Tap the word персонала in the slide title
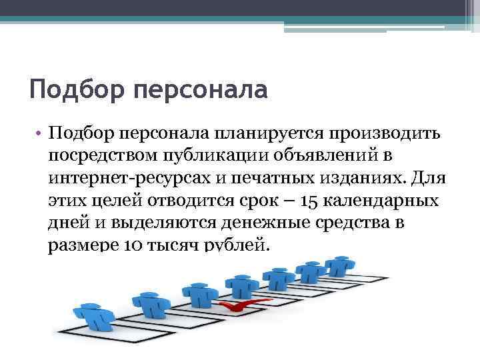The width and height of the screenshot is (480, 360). click(x=201, y=89)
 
